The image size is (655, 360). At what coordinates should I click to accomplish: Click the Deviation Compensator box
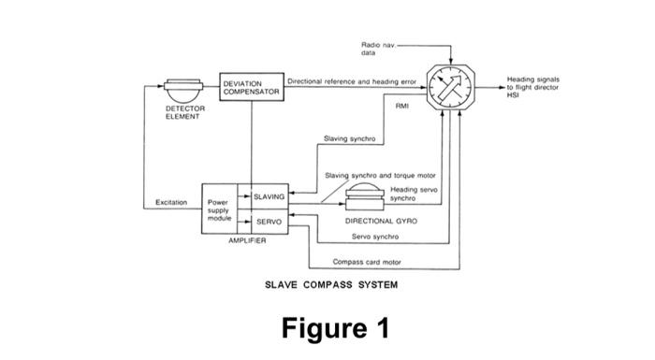pos(252,89)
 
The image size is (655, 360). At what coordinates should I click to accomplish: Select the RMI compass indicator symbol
pos(450,90)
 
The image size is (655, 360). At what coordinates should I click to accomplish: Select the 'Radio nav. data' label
pos(376,49)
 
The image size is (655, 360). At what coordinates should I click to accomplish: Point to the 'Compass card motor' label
pos(367,262)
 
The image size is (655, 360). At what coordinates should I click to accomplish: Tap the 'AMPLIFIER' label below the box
pos(247,240)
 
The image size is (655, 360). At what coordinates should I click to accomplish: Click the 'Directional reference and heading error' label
pos(351,82)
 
